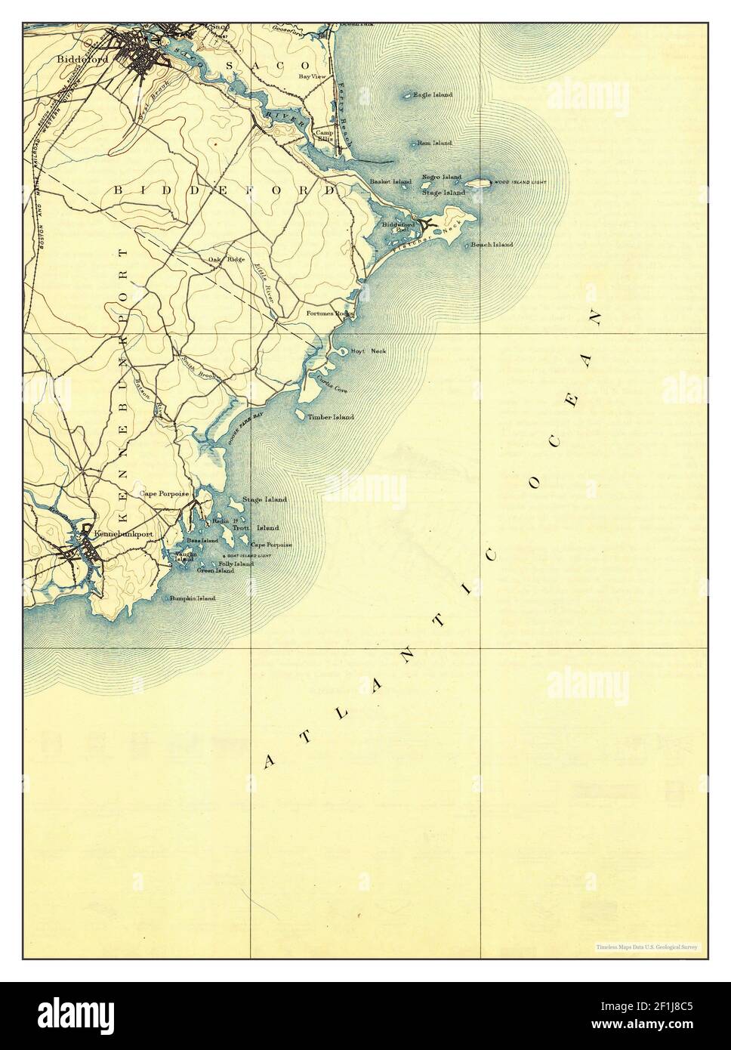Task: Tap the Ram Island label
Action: coord(434,143)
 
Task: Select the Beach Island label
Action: coord(492,245)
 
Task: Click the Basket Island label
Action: coord(390,182)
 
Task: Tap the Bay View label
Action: coord(311,76)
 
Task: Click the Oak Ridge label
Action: coord(227,260)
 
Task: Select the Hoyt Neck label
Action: coord(369,351)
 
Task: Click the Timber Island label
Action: coord(331,417)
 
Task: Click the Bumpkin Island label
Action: coord(193,598)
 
